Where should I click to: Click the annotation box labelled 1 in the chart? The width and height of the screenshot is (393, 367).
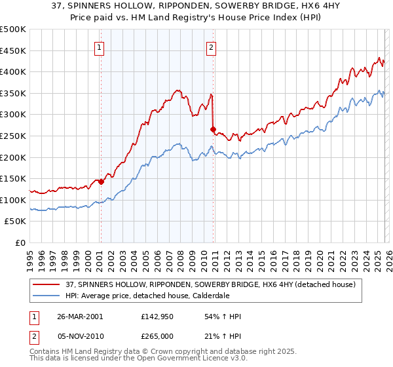[x=99, y=47]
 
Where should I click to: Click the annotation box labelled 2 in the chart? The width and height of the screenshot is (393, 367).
[x=212, y=47]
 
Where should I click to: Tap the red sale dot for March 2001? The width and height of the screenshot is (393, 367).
[x=101, y=182]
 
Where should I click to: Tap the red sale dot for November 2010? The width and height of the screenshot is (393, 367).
[x=213, y=129]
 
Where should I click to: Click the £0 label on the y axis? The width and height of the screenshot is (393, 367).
[x=19, y=242]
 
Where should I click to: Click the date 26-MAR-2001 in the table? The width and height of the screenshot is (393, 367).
[x=81, y=317]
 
